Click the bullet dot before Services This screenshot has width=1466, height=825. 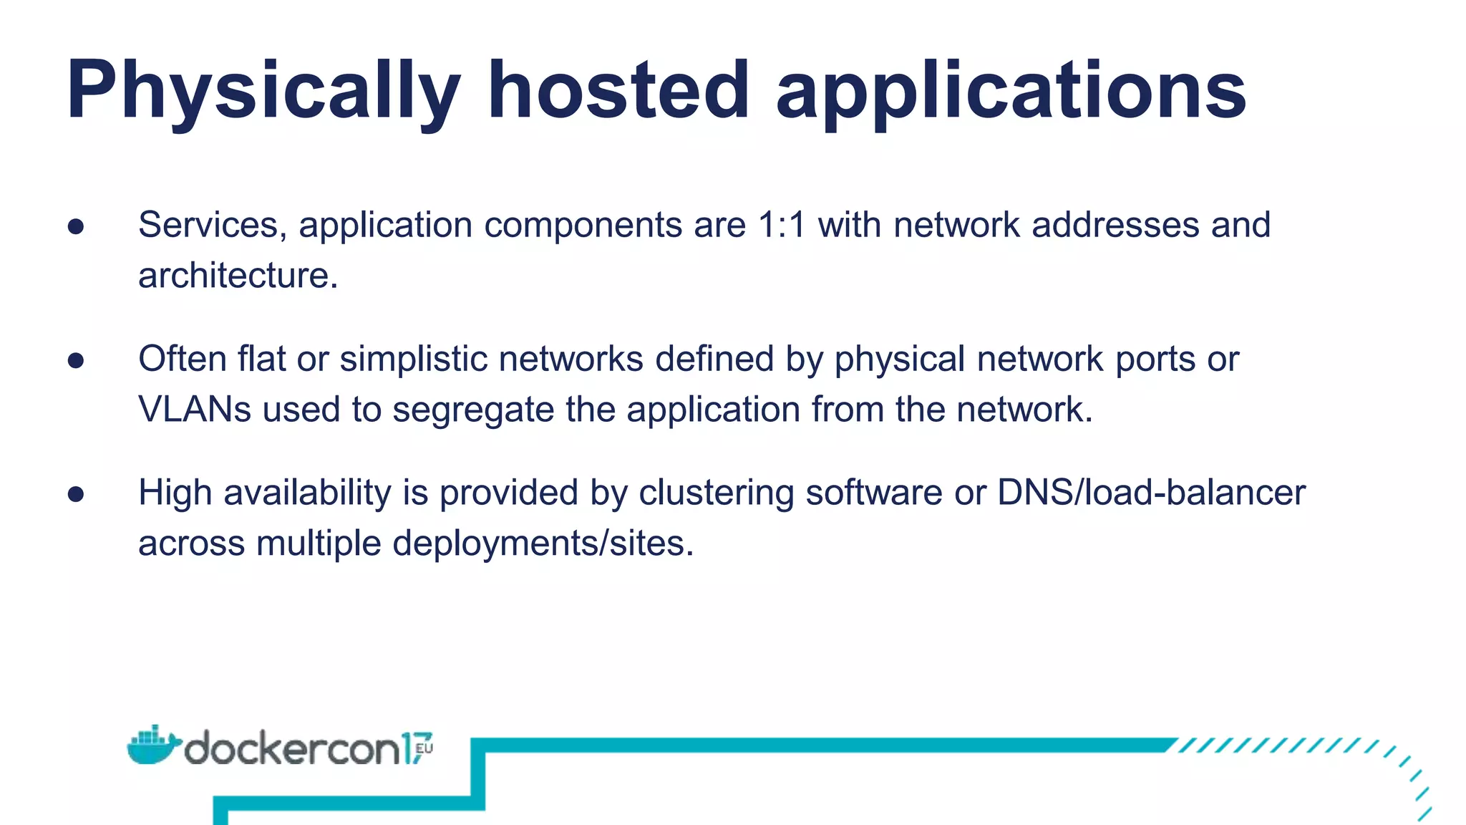pyautogui.click(x=76, y=227)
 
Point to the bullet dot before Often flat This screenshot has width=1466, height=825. pyautogui.click(x=76, y=360)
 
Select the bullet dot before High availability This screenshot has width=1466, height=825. pyautogui.click(x=76, y=494)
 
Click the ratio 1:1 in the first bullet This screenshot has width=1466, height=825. pyautogui.click(x=782, y=225)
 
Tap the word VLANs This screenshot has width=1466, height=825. pyautogui.click(x=195, y=410)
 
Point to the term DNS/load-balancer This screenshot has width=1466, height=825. pyautogui.click(x=1151, y=493)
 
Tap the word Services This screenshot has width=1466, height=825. pyautogui.click(x=208, y=226)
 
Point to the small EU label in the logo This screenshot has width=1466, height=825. pyautogui.click(x=424, y=749)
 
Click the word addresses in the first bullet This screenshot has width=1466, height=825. pyautogui.click(x=1115, y=225)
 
